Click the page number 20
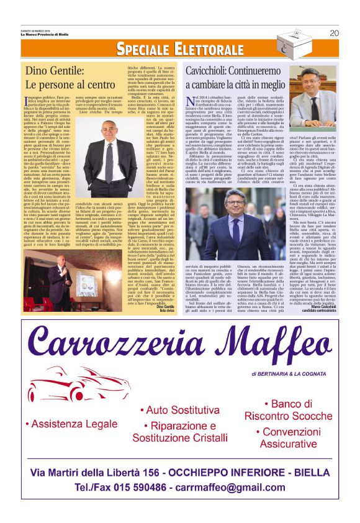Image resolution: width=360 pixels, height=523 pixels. tap(335, 33)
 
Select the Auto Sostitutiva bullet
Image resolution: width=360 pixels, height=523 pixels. tap(178, 411)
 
